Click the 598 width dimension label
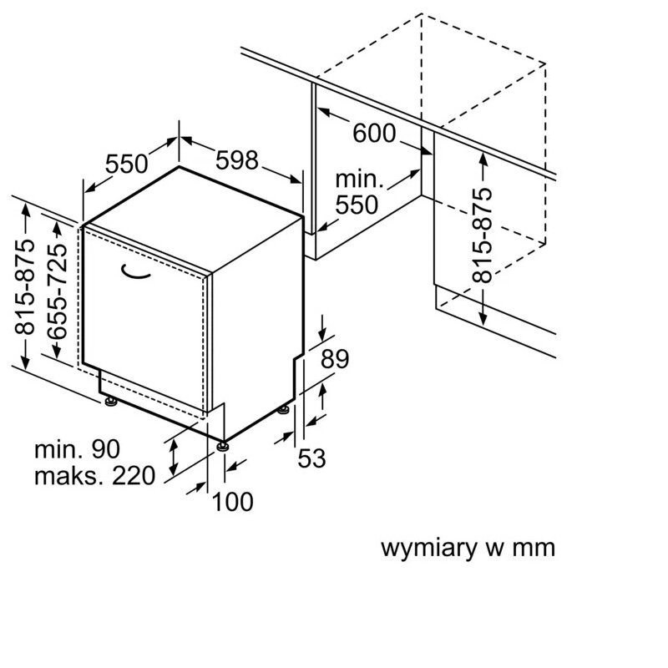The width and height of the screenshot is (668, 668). tap(238, 159)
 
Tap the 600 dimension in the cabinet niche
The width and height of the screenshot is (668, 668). tap(373, 134)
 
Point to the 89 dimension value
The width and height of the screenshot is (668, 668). tap(334, 360)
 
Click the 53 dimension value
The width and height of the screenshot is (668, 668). tap(311, 458)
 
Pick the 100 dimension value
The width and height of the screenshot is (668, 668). tap(233, 501)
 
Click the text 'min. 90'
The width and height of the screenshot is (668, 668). tap(77, 449)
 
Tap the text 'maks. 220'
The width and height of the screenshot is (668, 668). tap(94, 476)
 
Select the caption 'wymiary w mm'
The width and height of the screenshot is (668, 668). tap(468, 549)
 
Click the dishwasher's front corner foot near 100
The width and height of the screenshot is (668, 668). tap(222, 446)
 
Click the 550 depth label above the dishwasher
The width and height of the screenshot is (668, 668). tap(126, 164)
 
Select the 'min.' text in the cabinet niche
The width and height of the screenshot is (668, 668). tap(359, 179)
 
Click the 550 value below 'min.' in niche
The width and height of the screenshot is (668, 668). tap(357, 205)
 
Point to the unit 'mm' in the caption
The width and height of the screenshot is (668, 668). tap(534, 549)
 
